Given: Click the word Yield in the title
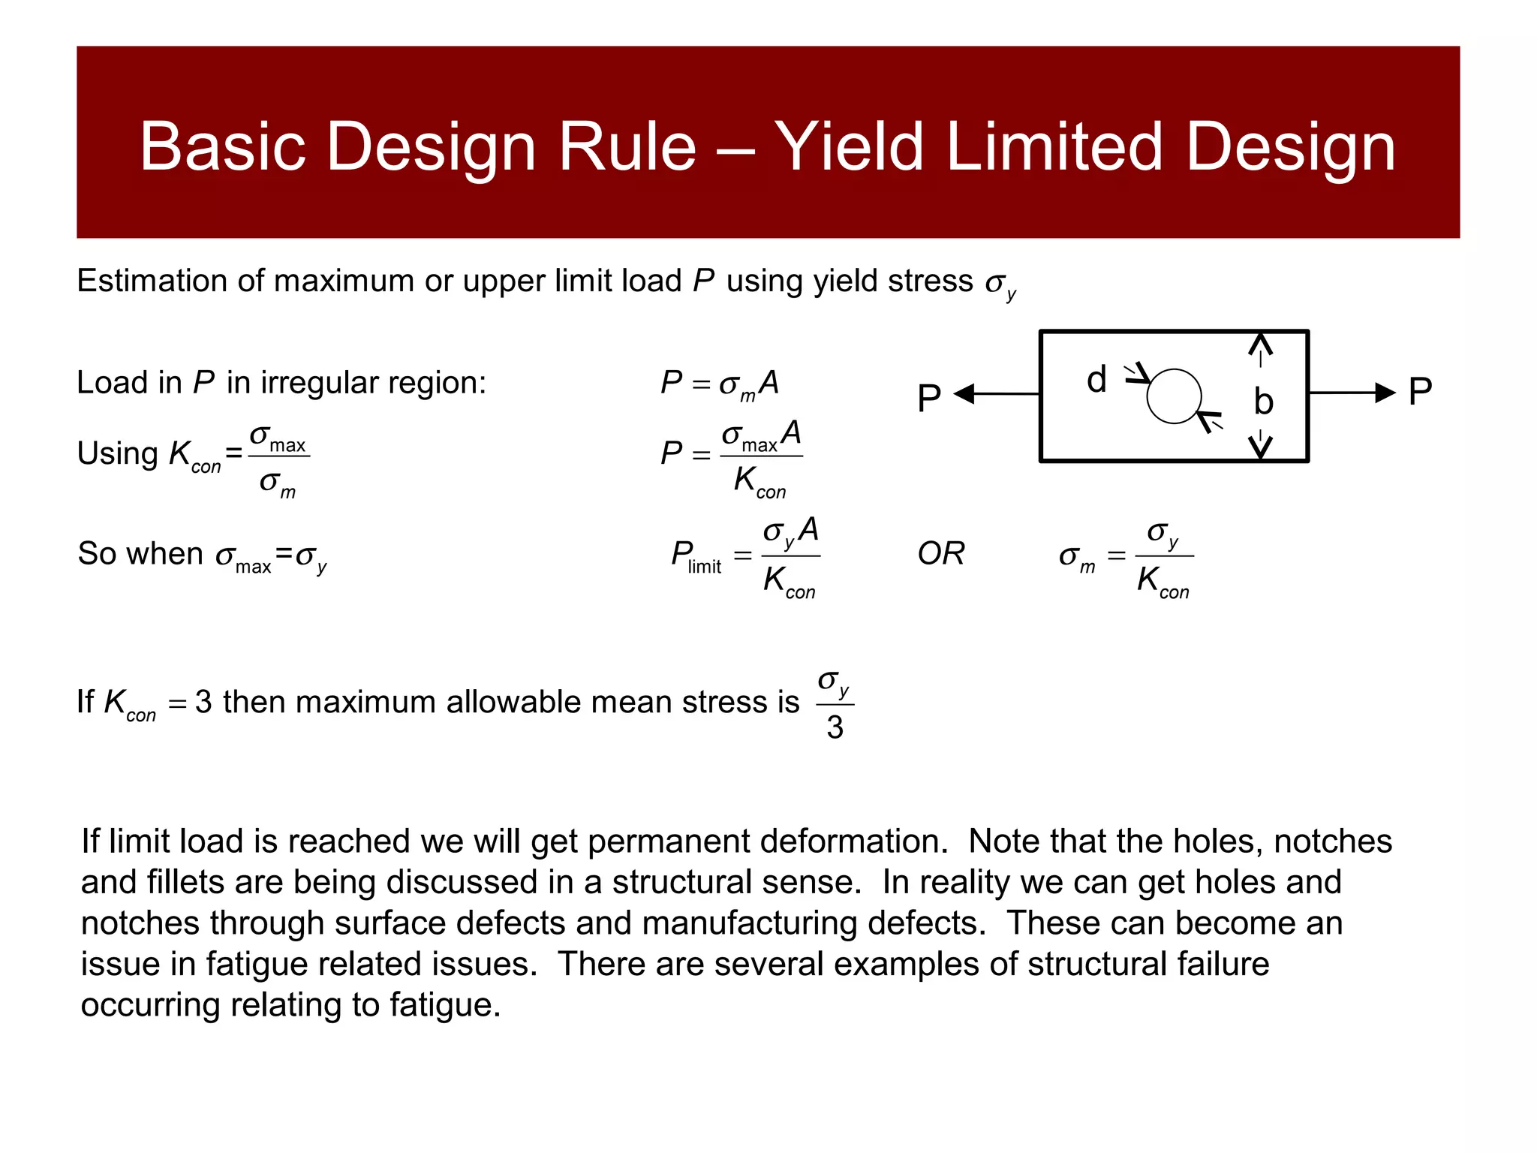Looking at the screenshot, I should [848, 146].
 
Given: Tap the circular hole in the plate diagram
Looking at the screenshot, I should [1174, 396].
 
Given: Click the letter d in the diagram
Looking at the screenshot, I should [1096, 380].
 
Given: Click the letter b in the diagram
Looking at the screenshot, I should [1264, 402].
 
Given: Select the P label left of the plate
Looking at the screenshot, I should [929, 398].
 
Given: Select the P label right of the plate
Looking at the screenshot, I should [1420, 392].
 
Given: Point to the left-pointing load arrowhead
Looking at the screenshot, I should [964, 393].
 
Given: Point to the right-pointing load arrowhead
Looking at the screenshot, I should [1385, 392].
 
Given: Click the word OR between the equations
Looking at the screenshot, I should [941, 554].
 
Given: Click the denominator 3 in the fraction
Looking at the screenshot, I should [835, 727].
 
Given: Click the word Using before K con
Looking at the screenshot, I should [118, 454].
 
